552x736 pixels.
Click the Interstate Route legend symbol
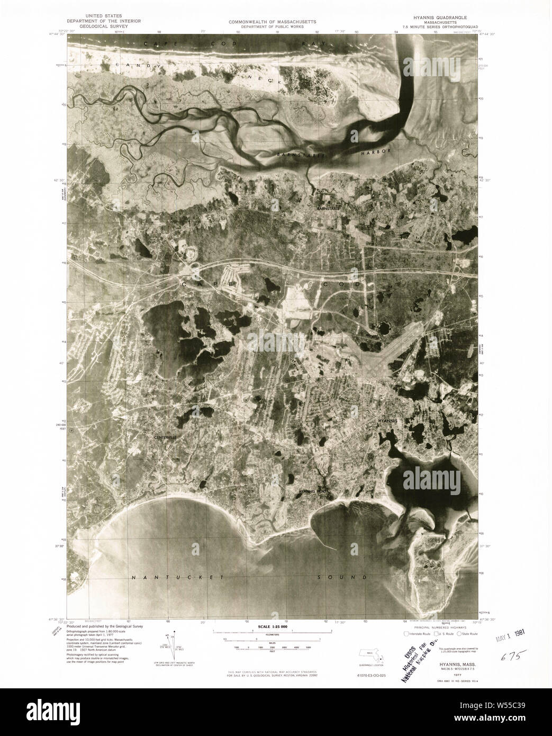coord(406,634)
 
